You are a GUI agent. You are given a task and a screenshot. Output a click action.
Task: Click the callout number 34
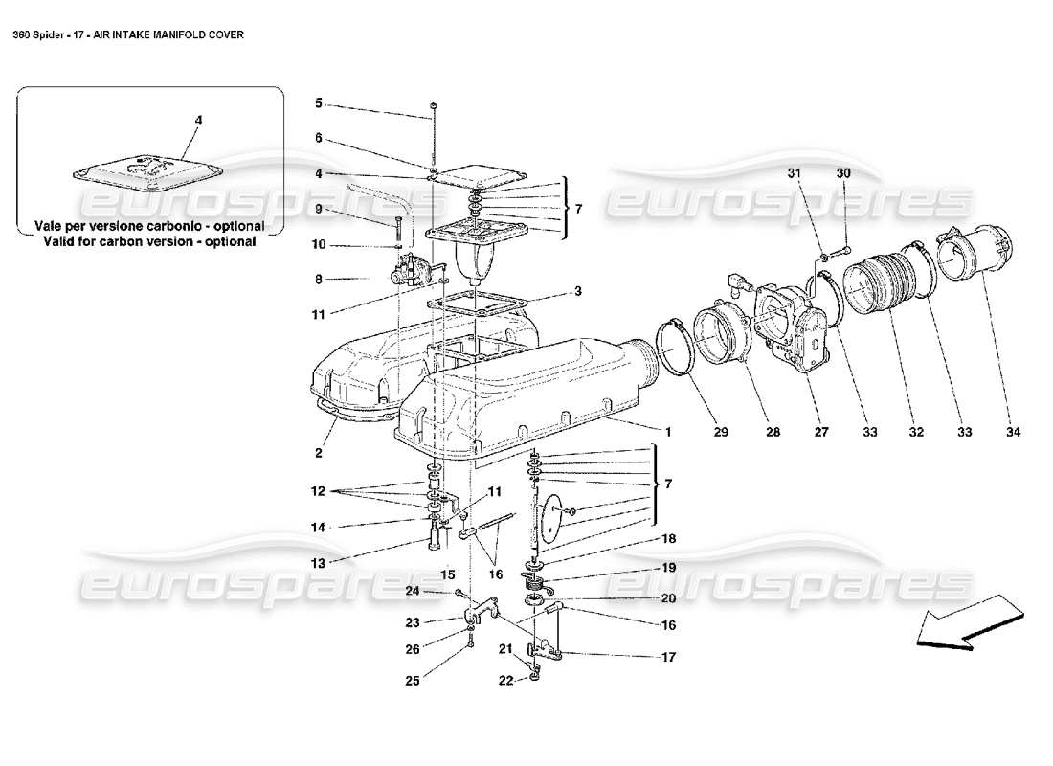click(1013, 433)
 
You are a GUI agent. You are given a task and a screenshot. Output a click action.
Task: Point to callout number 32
click(916, 433)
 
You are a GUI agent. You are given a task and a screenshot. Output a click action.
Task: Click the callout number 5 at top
click(319, 102)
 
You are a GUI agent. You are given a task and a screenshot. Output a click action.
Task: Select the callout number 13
click(319, 562)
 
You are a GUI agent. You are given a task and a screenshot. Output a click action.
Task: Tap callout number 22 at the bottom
click(505, 680)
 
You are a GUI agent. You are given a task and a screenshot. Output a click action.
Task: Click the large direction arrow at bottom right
click(967, 624)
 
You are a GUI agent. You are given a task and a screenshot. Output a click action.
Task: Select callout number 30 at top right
click(842, 173)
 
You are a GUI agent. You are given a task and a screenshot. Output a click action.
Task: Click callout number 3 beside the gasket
click(577, 291)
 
